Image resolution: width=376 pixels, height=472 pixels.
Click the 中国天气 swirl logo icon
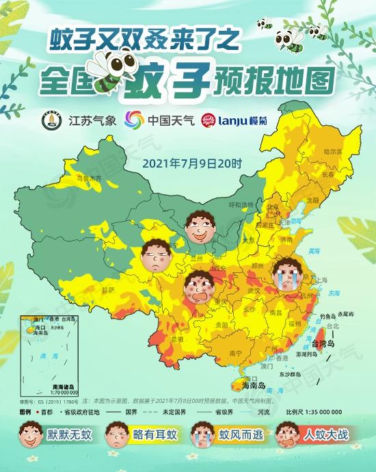click(x=135, y=120)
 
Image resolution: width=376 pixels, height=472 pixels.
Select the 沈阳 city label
click(x=312, y=200)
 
